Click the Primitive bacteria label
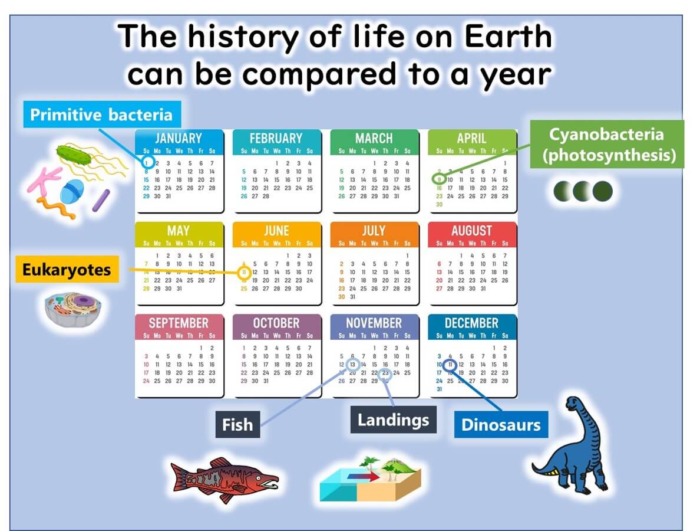(x=101, y=114)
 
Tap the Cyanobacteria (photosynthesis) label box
(x=607, y=144)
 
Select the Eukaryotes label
(x=66, y=270)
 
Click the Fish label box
(x=237, y=424)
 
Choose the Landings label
(x=393, y=419)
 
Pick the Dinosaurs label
(x=500, y=424)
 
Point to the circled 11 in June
(x=245, y=273)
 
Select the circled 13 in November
(x=352, y=365)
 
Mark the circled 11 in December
(x=450, y=365)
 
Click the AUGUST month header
(x=471, y=231)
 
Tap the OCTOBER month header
(x=276, y=323)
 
